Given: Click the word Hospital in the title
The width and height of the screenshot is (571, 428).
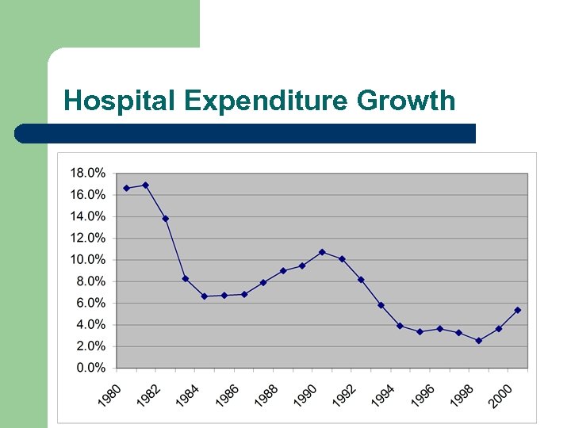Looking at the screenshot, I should click(120, 101).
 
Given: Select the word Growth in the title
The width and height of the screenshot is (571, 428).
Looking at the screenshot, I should click(406, 101).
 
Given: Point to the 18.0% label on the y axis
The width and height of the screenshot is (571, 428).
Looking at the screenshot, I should click(88, 173).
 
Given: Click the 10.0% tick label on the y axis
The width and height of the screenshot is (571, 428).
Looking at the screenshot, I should click(88, 259).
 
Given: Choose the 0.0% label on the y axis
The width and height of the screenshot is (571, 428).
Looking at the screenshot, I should click(90, 368).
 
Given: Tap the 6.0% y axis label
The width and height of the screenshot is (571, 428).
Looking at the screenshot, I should click(90, 303).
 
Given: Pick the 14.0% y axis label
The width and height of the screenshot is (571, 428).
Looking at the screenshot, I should click(88, 216).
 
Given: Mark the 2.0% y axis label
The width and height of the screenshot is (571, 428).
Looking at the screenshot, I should click(90, 346).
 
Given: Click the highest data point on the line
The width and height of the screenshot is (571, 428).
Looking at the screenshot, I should click(145, 185).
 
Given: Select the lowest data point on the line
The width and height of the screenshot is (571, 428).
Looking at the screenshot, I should click(478, 341).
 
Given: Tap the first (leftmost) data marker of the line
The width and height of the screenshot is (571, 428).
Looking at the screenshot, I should click(126, 188).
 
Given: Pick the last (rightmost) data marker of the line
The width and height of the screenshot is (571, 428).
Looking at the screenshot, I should click(518, 310).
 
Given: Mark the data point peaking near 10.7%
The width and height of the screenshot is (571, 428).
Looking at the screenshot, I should click(322, 252).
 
